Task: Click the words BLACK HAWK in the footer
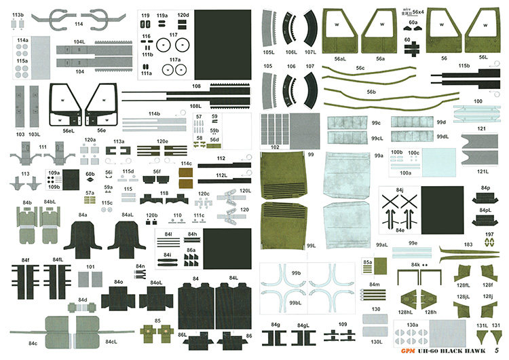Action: (x=464, y=350)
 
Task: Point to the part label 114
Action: (x=79, y=24)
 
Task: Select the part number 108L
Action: (x=195, y=106)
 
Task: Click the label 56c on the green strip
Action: (x=360, y=68)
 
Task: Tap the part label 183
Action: (x=468, y=244)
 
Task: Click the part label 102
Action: (x=274, y=146)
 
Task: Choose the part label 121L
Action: (x=483, y=172)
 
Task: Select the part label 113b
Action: (x=18, y=14)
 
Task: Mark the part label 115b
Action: (x=464, y=66)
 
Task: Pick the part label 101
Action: (x=90, y=266)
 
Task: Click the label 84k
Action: (x=415, y=264)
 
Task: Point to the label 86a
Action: (x=191, y=250)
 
